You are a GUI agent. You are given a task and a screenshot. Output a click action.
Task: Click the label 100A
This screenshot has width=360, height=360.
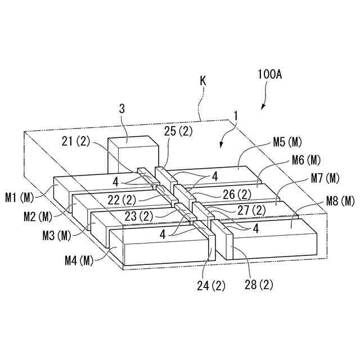(x=269, y=74)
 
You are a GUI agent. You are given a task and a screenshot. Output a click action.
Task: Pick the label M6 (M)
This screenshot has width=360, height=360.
(x=307, y=160)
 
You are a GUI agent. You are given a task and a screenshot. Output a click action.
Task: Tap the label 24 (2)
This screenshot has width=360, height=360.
(x=210, y=285)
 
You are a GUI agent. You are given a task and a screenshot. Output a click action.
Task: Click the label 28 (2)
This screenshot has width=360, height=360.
(x=259, y=285)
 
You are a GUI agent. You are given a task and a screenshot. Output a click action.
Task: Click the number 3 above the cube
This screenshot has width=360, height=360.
(x=122, y=109)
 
